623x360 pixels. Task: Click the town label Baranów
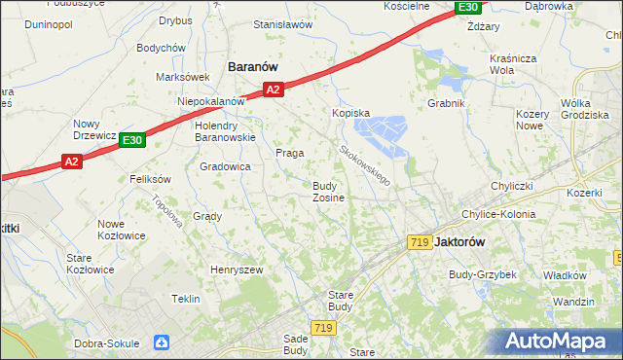[253, 66]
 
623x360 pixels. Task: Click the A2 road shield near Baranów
[273, 90]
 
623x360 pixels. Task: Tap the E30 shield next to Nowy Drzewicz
[132, 141]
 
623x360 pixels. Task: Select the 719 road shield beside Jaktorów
[421, 241]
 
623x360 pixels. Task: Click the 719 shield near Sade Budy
[324, 329]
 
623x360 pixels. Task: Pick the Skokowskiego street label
[365, 165]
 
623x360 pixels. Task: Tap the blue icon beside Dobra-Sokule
[161, 342]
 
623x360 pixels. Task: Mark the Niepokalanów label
[210, 101]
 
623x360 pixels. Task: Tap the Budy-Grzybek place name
[482, 275]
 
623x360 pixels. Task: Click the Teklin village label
[185, 299]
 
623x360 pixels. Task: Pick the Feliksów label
[150, 179]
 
